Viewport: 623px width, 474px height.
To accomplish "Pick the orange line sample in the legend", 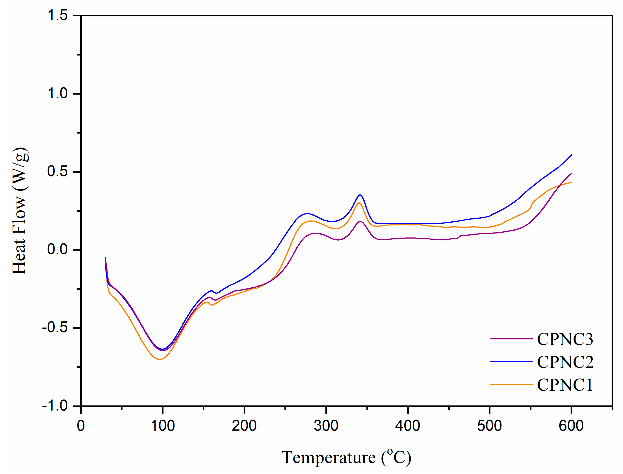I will (x=511, y=385).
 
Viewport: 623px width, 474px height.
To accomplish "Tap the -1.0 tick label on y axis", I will (x=55, y=406).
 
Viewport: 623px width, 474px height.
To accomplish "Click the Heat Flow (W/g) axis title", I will (x=20, y=210).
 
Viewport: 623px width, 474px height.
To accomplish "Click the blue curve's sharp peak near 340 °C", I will (x=360, y=195).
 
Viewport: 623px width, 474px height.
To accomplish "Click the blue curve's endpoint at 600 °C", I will (x=572, y=155).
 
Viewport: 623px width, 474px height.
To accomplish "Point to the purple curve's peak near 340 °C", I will (x=360, y=221).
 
